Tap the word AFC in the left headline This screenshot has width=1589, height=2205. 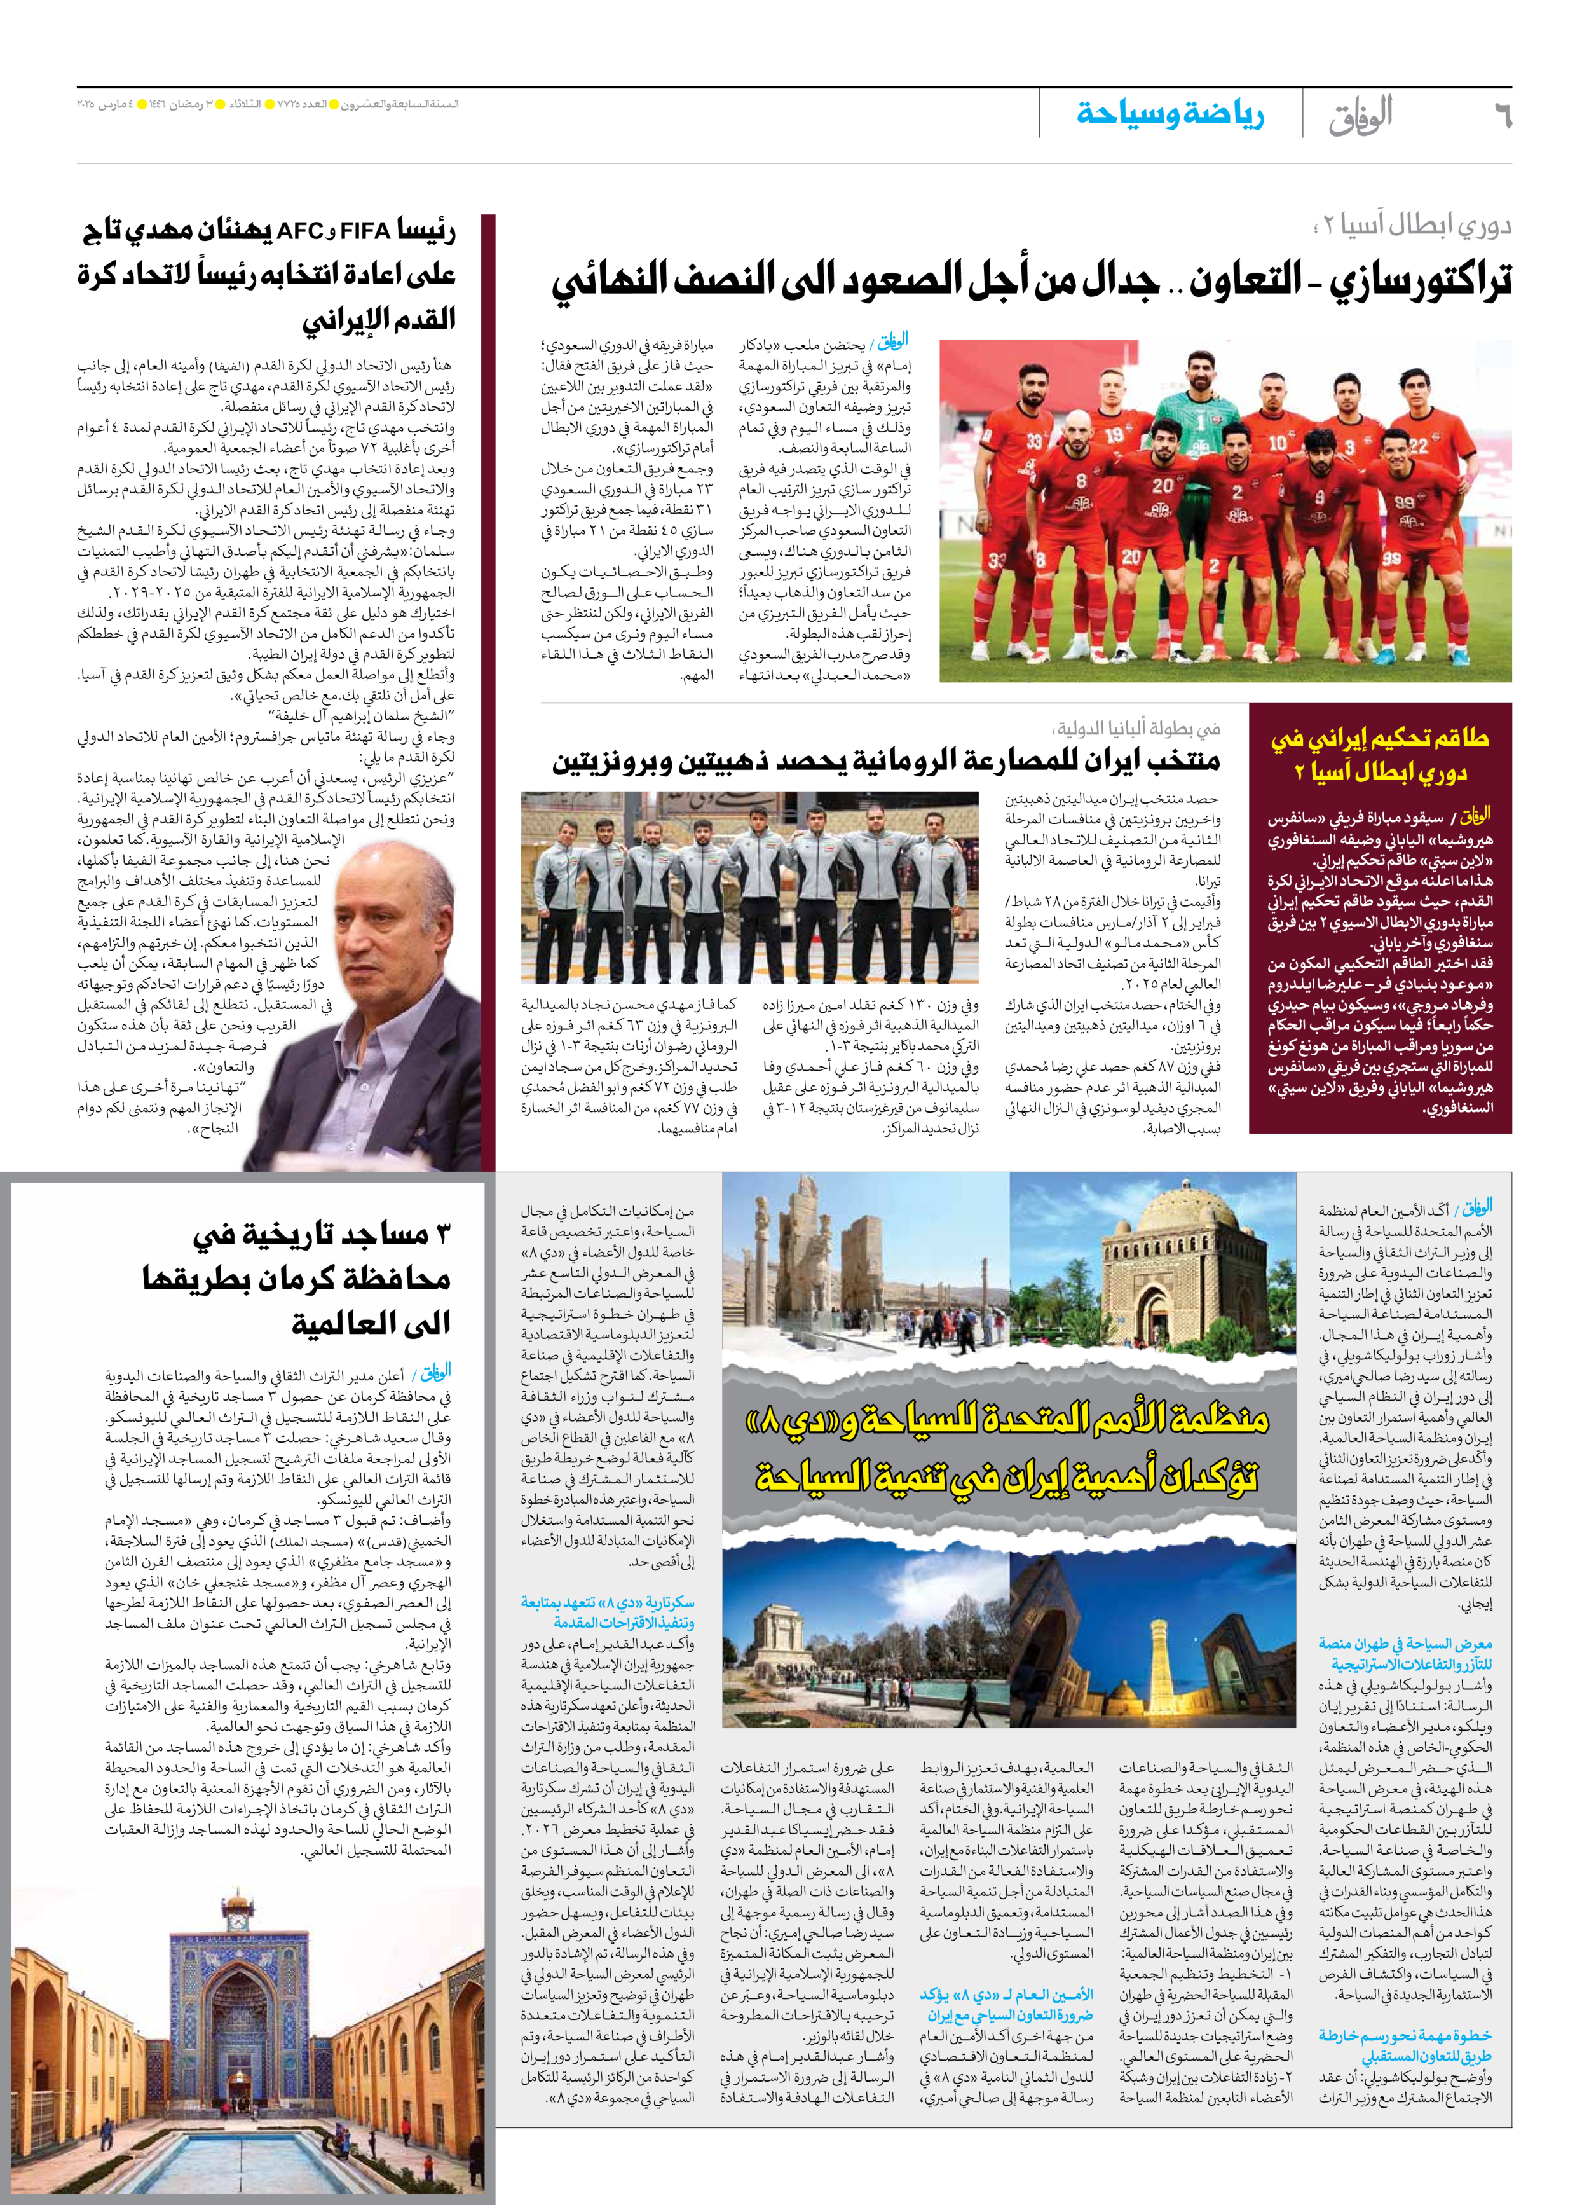point(299,231)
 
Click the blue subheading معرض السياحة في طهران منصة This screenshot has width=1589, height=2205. point(1404,1643)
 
